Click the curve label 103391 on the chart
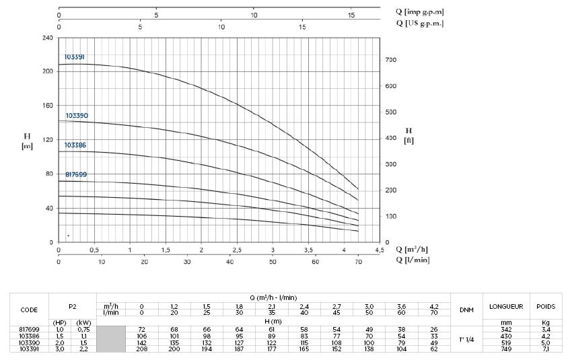[x=75, y=57]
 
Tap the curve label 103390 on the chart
[x=77, y=116]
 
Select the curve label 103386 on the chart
[x=75, y=145]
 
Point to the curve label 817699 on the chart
[x=76, y=174]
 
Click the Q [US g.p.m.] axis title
[x=420, y=23]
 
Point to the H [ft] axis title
[x=408, y=135]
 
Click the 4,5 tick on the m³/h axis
[x=380, y=250]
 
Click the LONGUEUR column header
[x=507, y=306]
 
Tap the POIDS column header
[x=546, y=306]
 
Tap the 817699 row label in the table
[x=30, y=328]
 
